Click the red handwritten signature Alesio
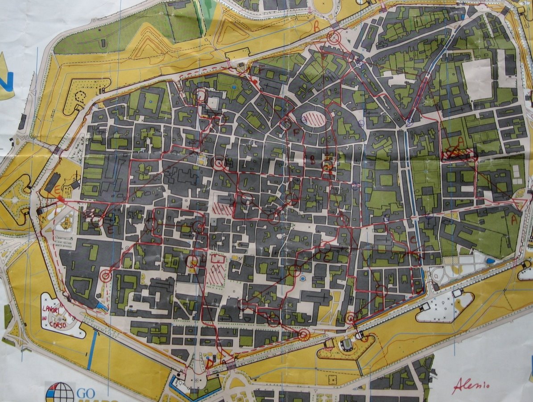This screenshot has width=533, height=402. [472, 384]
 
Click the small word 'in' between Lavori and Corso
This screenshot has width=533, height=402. [45, 318]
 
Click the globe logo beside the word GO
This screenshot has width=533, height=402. [59, 393]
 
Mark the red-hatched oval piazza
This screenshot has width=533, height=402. [312, 119]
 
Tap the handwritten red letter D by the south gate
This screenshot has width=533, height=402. [209, 363]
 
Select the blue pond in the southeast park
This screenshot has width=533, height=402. [490, 261]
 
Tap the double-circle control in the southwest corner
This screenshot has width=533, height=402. [106, 277]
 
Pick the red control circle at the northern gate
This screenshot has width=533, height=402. [333, 38]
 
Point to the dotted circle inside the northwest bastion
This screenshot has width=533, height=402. [81, 96]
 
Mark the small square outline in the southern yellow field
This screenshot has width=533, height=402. [332, 379]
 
